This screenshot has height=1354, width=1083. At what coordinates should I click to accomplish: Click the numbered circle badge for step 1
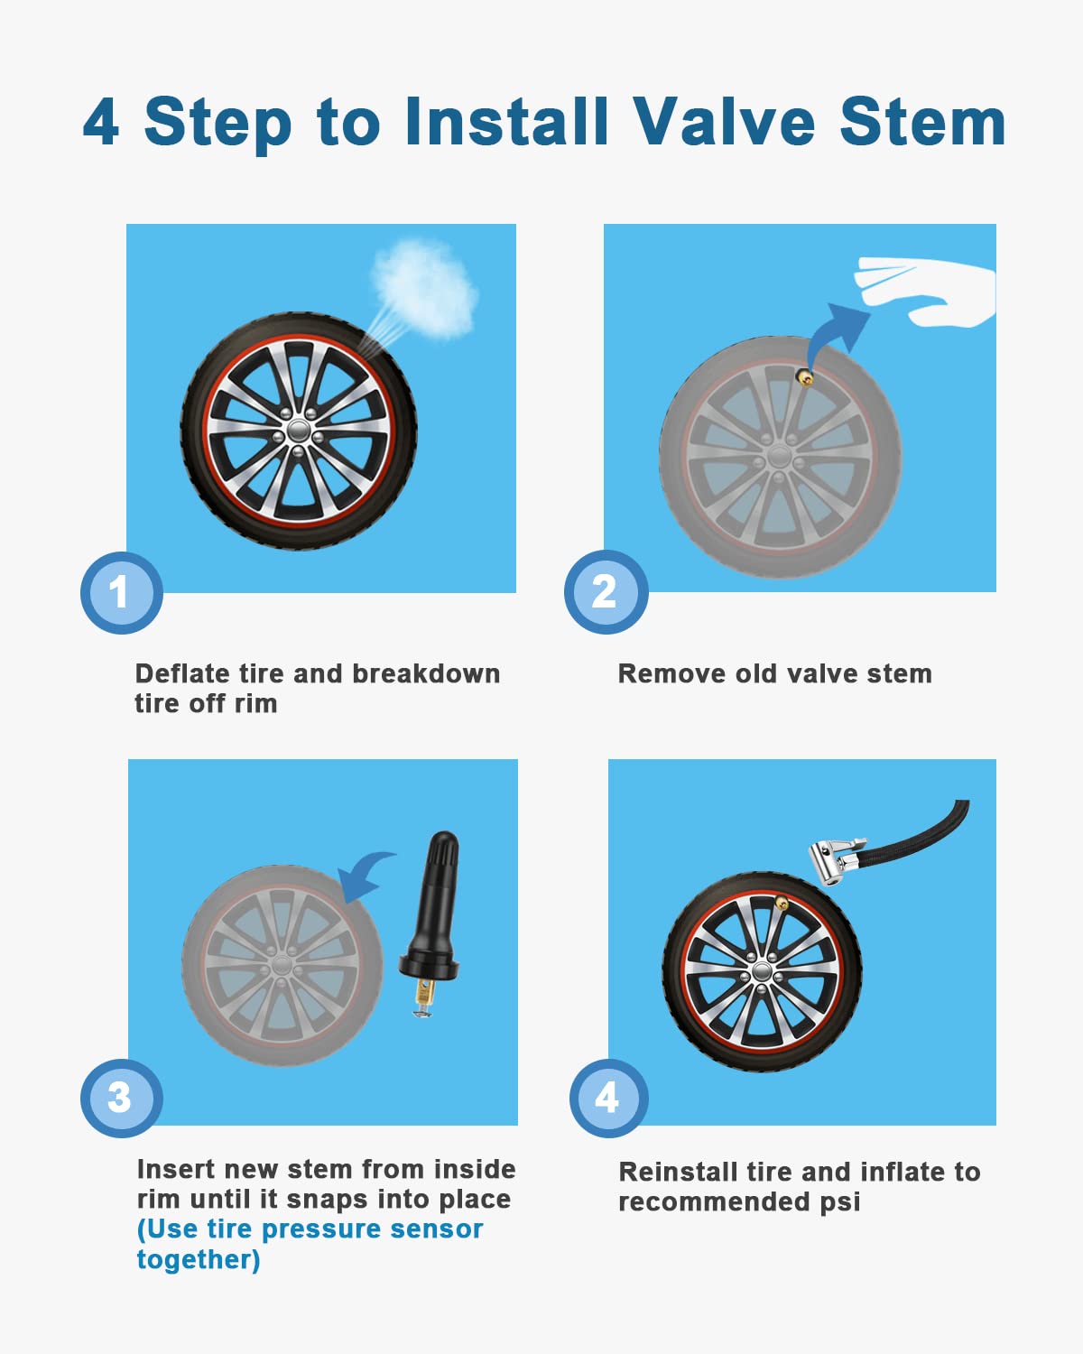tap(122, 593)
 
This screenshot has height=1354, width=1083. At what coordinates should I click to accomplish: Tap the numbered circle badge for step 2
tap(606, 591)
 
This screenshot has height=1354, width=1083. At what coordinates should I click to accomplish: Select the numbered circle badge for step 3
tap(122, 1098)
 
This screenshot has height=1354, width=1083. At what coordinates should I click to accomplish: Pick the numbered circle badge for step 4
tap(608, 1098)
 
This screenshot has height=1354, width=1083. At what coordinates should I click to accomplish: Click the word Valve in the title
tap(724, 122)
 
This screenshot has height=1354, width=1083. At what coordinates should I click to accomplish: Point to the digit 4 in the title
tap(101, 122)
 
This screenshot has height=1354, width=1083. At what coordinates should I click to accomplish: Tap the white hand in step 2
tap(925, 292)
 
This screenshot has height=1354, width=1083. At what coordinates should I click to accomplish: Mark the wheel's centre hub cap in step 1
tap(299, 431)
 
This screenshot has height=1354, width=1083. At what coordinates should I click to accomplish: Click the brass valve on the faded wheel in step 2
tap(805, 377)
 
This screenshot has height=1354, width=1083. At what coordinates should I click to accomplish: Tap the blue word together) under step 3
tap(199, 1260)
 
